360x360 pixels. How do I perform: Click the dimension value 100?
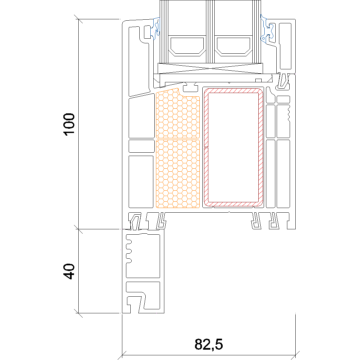69,124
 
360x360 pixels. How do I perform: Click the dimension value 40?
69,271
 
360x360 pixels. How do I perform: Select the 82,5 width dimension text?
209,344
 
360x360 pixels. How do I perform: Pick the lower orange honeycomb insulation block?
178,174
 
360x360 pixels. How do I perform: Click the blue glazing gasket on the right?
267,29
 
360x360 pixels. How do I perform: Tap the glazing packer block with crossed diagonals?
210,68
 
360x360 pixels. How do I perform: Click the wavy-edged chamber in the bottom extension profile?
143,256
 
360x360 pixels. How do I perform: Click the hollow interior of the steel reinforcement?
233,147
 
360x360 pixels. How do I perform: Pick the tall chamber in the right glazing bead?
285,46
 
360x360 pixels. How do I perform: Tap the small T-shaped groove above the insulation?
190,87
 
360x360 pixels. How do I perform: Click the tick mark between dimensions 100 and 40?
79,229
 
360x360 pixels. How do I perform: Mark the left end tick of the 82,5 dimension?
122,355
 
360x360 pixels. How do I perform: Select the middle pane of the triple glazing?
210,32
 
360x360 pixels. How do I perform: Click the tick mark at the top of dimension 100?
79,19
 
